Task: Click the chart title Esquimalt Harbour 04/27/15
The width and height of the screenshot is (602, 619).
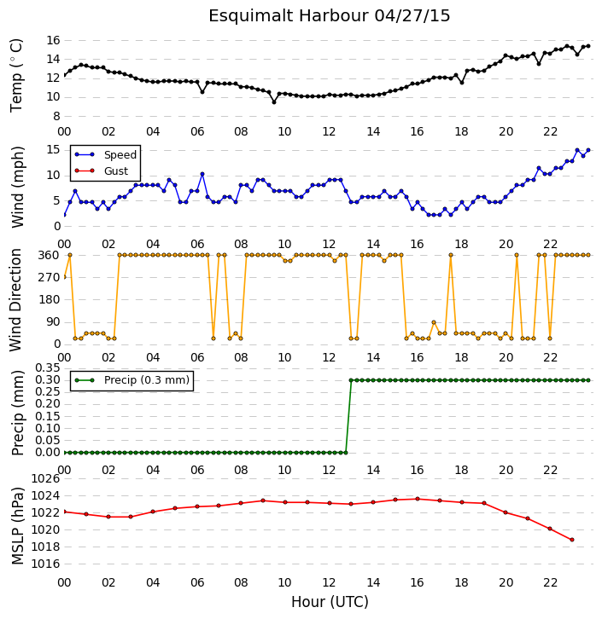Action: coord(330,16)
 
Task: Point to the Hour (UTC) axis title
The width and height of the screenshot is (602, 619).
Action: coord(330,602)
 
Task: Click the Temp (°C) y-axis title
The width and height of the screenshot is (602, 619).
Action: coord(16,75)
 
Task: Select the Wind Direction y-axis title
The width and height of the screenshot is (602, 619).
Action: coord(15,299)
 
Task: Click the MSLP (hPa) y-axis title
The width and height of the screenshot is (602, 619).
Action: coord(17,526)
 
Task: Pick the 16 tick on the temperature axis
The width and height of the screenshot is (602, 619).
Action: coord(53,40)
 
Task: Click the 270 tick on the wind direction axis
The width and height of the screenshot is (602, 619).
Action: coord(49,277)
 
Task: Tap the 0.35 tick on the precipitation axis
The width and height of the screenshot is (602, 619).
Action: coord(48,368)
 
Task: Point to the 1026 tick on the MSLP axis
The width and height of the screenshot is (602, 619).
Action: coord(45,479)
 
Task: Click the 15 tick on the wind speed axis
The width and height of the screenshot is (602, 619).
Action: coord(53,149)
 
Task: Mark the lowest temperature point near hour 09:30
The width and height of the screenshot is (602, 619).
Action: coord(274,102)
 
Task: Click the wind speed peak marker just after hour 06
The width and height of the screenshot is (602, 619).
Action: coord(202,174)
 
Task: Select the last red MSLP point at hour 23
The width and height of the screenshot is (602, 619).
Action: coord(572,540)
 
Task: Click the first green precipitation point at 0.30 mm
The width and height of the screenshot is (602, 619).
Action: coord(351,380)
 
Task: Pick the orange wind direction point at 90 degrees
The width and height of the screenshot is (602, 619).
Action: coord(434,322)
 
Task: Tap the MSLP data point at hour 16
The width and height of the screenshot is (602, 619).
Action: coord(418,499)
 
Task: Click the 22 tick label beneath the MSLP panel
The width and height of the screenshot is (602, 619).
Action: coord(550,582)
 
